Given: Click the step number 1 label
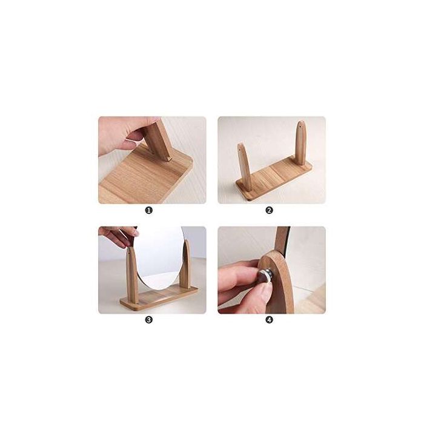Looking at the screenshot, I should coord(148,210).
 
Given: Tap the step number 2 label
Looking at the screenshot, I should coord(269,210).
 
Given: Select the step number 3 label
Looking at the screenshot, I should coord(148,319).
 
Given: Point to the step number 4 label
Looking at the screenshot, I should coord(269,319).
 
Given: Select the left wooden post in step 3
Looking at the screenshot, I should coord(131,273).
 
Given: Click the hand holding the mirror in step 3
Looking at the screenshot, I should coord(117,235).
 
